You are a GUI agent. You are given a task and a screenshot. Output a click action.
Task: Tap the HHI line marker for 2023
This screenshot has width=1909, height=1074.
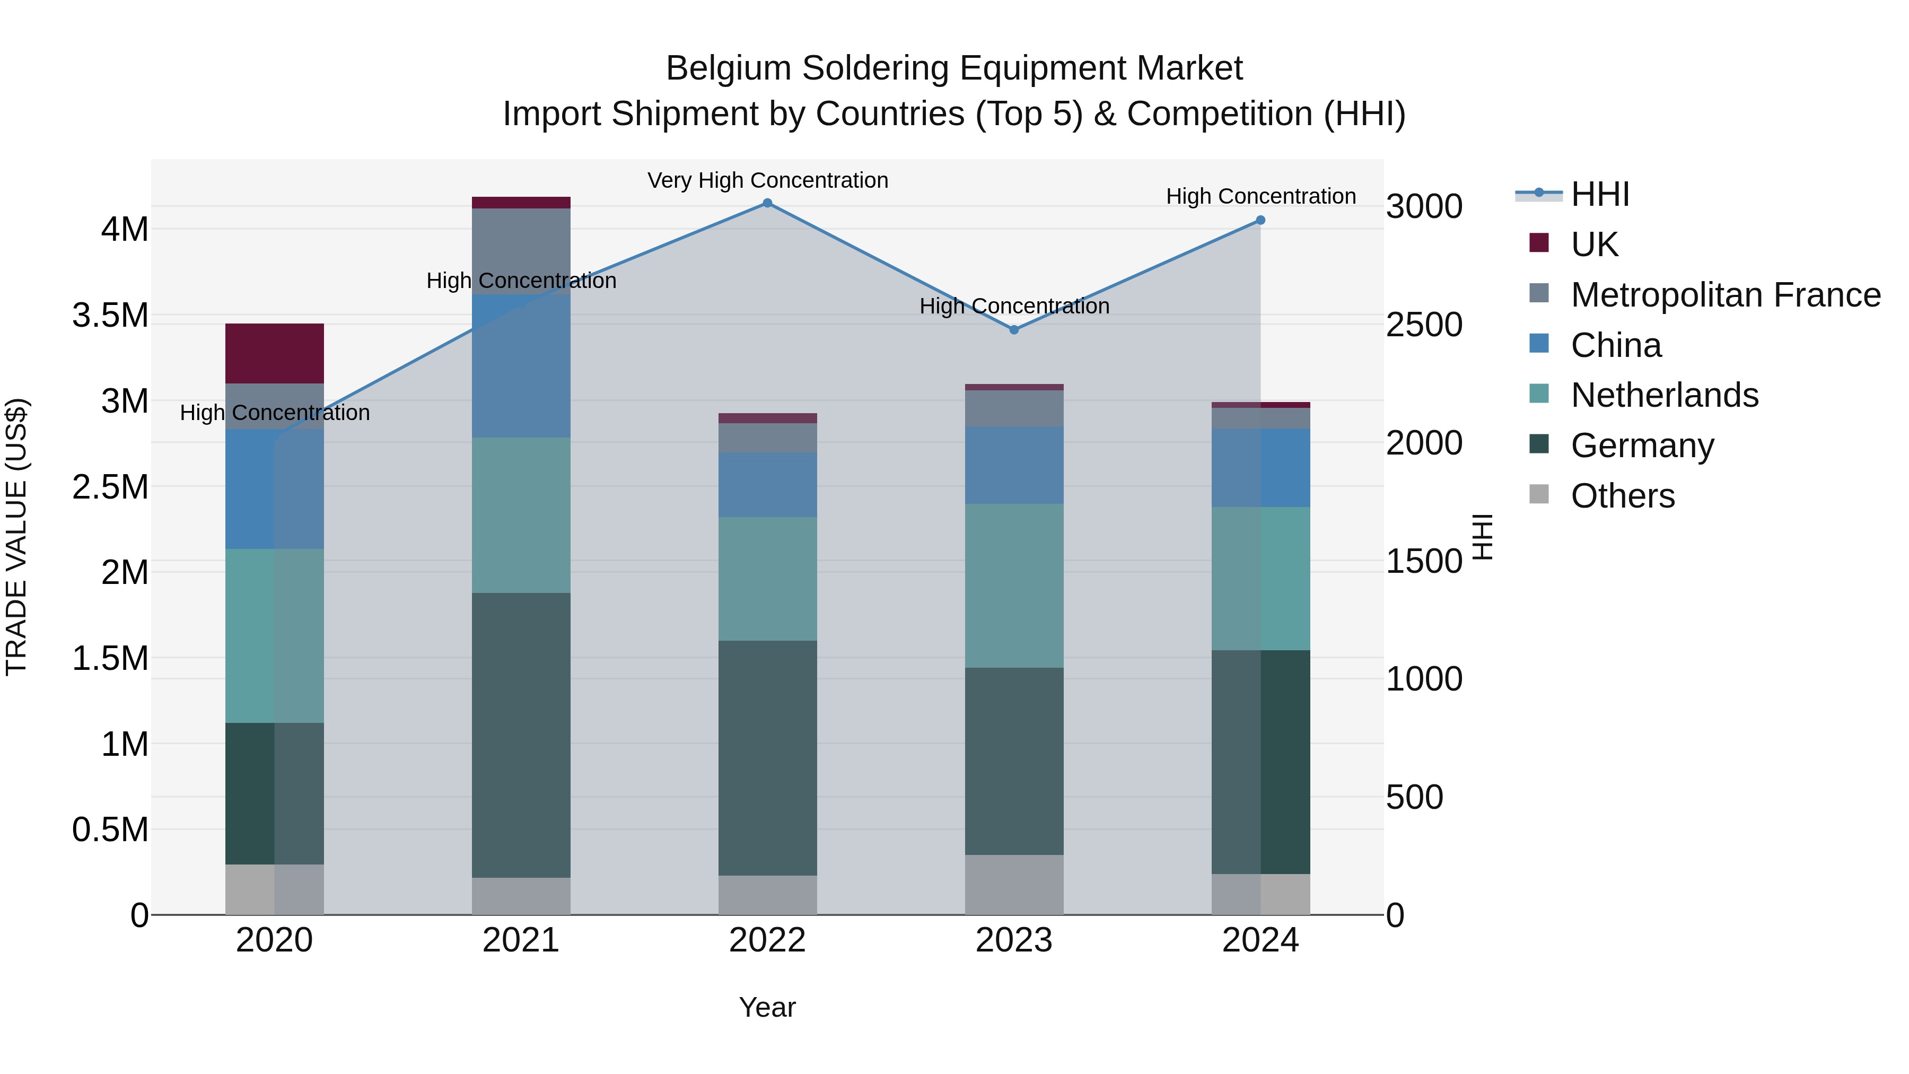pyautogui.click(x=1014, y=330)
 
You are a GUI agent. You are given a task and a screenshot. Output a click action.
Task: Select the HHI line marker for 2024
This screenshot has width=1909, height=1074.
pyautogui.click(x=1260, y=220)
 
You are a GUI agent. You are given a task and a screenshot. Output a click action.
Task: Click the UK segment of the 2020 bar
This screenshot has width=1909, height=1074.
pyautogui.click(x=274, y=354)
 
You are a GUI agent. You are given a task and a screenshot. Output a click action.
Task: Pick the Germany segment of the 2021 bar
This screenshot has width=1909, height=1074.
pyautogui.click(x=521, y=735)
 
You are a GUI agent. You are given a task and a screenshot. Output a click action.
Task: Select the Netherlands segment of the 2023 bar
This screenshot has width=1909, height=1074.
pyautogui.click(x=1014, y=586)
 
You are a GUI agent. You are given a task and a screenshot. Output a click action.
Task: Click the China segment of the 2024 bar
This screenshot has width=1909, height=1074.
pyautogui.click(x=1260, y=468)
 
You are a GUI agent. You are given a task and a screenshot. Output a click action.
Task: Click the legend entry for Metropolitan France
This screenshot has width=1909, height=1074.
pyautogui.click(x=1725, y=295)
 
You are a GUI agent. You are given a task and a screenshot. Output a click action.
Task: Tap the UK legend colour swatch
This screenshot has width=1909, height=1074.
pyautogui.click(x=1539, y=243)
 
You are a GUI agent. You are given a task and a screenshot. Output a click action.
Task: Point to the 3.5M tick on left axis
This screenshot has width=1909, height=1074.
pyautogui.click(x=110, y=316)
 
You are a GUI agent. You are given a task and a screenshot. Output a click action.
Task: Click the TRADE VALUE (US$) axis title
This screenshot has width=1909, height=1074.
pyautogui.click(x=16, y=537)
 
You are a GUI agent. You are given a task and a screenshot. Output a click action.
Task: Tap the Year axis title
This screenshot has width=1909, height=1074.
pyautogui.click(x=767, y=1007)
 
